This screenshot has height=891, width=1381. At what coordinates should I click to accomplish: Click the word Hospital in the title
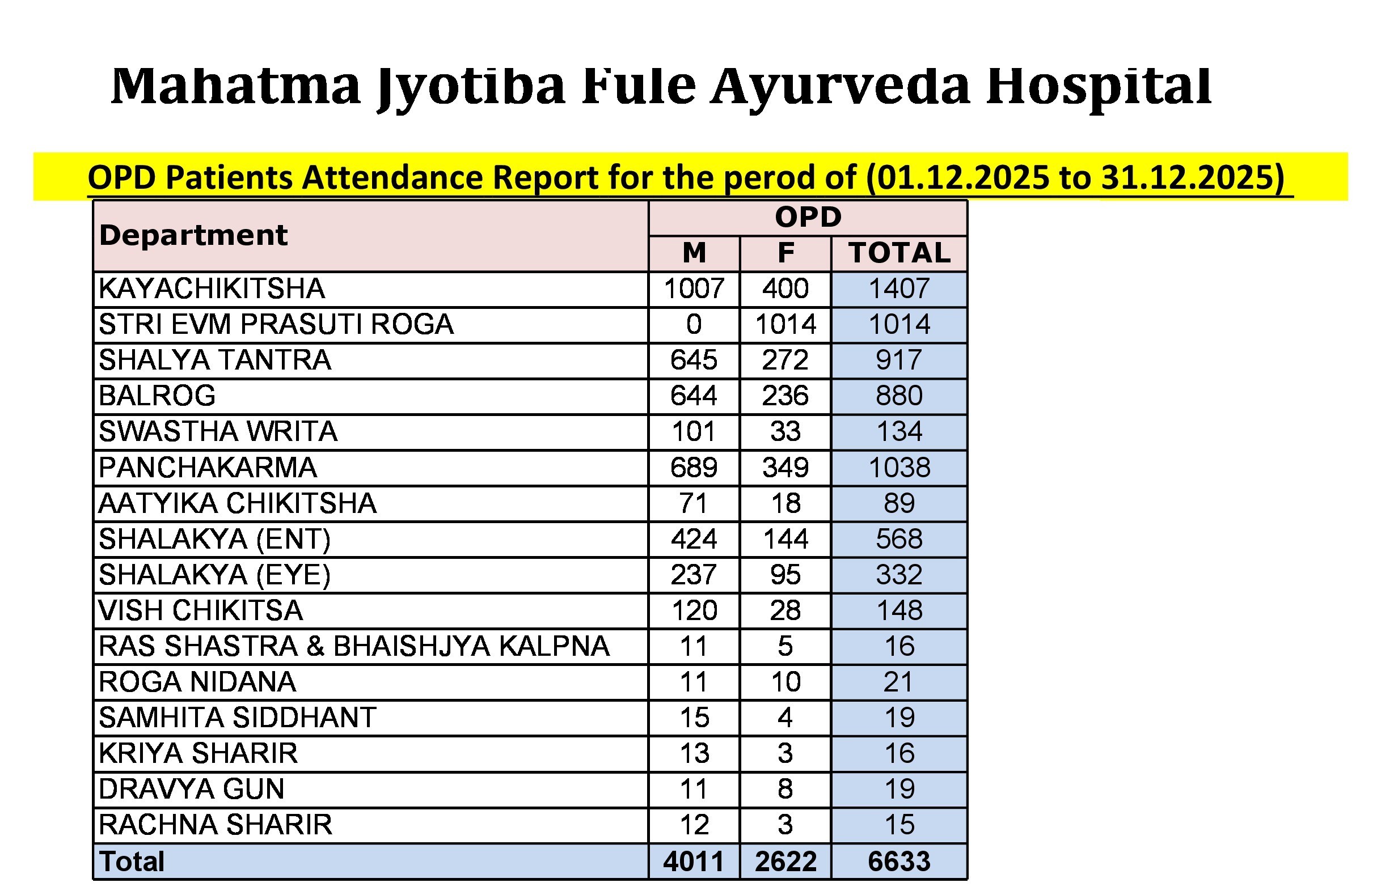(1099, 87)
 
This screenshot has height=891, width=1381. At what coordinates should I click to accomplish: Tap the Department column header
(193, 235)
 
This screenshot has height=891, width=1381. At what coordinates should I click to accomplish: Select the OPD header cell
(808, 218)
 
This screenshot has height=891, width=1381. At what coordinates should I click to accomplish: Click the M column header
(694, 253)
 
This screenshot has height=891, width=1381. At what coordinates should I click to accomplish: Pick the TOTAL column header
(899, 253)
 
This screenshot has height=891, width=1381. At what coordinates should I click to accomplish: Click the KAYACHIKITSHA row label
(212, 288)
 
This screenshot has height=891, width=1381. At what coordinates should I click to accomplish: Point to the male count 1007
(694, 288)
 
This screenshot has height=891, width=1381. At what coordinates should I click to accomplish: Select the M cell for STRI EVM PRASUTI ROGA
(694, 324)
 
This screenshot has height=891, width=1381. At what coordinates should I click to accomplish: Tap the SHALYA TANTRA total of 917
(899, 360)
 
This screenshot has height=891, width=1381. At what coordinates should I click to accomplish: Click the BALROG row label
(158, 396)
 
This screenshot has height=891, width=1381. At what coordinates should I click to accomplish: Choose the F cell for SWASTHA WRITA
(785, 432)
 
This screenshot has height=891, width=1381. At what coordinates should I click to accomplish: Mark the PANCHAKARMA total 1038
(899, 468)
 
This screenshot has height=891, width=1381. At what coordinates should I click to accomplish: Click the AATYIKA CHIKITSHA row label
(237, 503)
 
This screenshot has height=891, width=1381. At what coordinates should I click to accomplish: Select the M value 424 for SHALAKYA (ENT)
(694, 539)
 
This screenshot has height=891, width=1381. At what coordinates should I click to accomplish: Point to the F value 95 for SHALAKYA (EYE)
(785, 575)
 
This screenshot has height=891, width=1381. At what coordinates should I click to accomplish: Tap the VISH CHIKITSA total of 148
(899, 610)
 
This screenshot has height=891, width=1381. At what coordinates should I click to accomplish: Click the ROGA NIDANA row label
(197, 682)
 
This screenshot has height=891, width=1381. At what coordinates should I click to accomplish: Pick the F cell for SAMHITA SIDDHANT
(785, 718)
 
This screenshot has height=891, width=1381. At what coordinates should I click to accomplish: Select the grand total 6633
(899, 862)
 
